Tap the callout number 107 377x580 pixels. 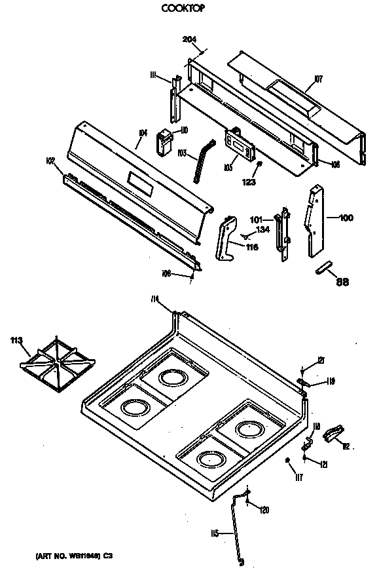point(318,79)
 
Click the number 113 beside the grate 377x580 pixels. point(18,340)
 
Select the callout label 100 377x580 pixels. point(345,217)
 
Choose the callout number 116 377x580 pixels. point(251,247)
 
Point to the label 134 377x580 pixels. point(262,229)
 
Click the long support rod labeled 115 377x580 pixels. point(236,531)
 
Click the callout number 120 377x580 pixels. point(264,510)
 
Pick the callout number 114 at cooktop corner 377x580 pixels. point(155,299)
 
